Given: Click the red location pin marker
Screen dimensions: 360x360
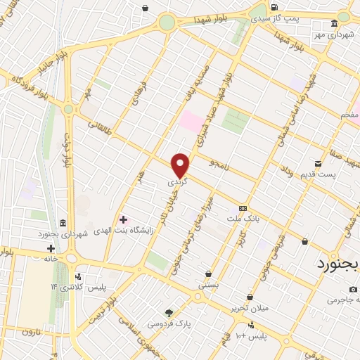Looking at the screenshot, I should pyautogui.click(x=181, y=165).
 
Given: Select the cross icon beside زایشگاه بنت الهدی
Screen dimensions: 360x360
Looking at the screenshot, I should pyautogui.click(x=123, y=219).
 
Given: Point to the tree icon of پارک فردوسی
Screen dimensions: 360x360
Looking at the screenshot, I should pyautogui.click(x=169, y=313).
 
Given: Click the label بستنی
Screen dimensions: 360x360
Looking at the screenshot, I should pyautogui.click(x=208, y=285).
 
